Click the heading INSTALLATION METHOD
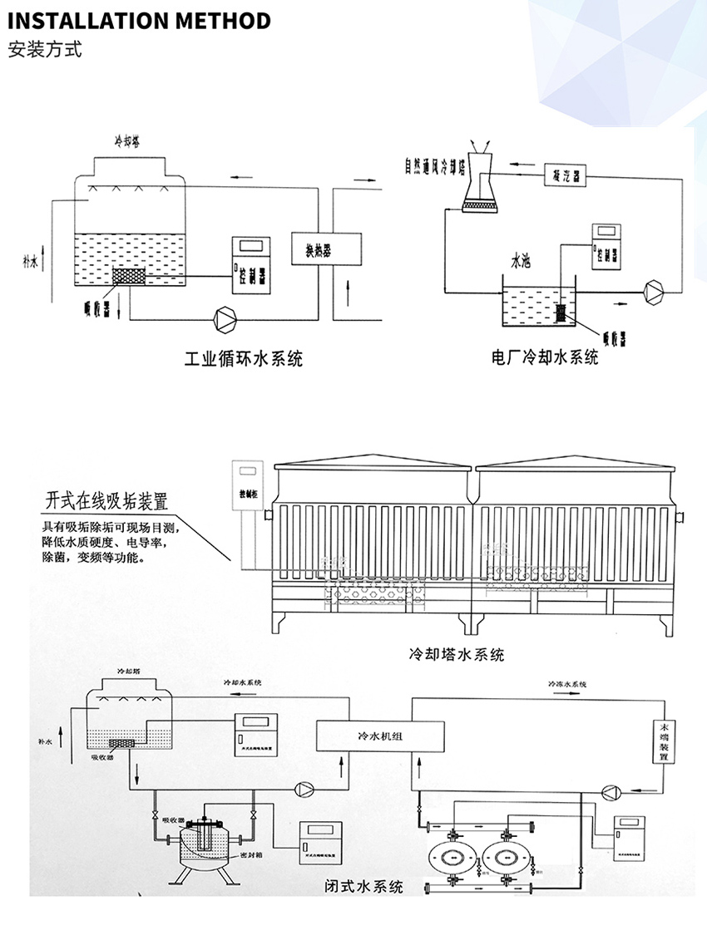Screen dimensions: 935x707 click(139, 21)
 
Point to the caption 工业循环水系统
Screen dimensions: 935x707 click(243, 360)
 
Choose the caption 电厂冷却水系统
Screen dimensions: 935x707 click(544, 358)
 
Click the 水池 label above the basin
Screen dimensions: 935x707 click(520, 262)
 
